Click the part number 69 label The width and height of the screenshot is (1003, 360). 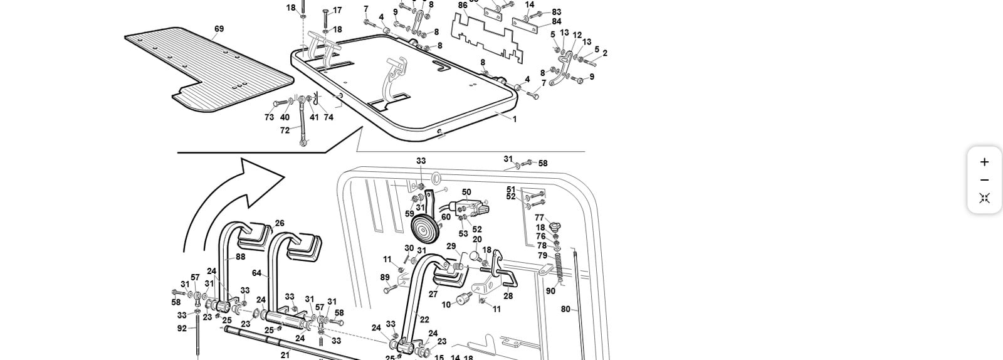pyautogui.click(x=219, y=29)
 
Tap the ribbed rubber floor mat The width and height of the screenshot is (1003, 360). pyautogui.click(x=207, y=69)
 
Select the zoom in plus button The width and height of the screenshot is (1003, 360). pyautogui.click(x=984, y=162)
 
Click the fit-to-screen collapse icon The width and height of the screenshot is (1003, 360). pyautogui.click(x=984, y=198)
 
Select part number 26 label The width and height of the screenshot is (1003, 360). pyautogui.click(x=280, y=223)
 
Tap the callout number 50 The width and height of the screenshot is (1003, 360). pyautogui.click(x=466, y=193)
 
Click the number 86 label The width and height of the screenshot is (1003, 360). pyautogui.click(x=463, y=6)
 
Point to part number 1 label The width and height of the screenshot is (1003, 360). pyautogui.click(x=515, y=119)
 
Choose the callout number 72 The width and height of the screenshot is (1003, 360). pyautogui.click(x=285, y=130)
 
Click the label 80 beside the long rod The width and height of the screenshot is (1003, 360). pyautogui.click(x=565, y=309)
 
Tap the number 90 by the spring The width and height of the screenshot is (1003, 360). pyautogui.click(x=550, y=291)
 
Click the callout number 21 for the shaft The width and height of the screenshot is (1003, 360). pyautogui.click(x=285, y=355)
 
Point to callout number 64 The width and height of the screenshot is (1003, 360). pyautogui.click(x=257, y=273)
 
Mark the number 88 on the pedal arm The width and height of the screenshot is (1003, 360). pyautogui.click(x=241, y=257)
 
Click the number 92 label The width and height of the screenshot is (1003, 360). pyautogui.click(x=182, y=328)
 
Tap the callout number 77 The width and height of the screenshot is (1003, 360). pyautogui.click(x=539, y=218)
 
